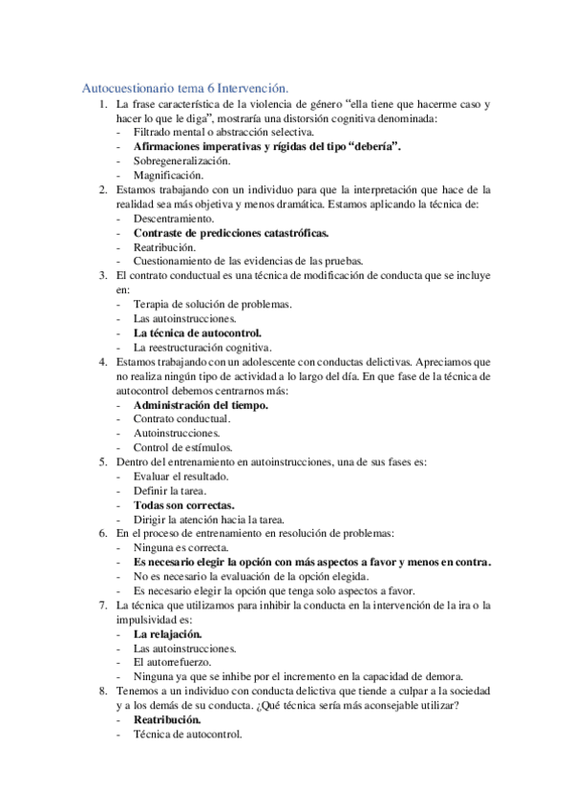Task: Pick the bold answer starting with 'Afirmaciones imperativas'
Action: pos(266,147)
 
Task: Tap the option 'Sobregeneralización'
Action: pos(181,161)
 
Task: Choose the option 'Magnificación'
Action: pos(167,176)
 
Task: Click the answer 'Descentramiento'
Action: pos(174,219)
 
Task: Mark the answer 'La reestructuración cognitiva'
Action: pos(202,348)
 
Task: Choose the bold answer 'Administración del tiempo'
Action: pos(201,405)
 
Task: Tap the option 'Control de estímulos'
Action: pos(181,448)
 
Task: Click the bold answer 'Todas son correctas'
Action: pos(184,505)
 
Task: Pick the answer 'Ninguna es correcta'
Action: pos(180,548)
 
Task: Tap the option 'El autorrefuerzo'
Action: pos(172,663)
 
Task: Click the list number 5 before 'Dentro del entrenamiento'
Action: pos(103,462)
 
